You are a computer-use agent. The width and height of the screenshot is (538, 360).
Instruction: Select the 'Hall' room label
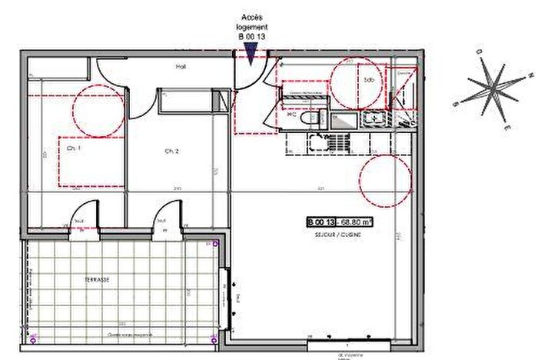[181, 67]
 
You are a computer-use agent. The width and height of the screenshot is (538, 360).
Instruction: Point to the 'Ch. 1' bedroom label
[74, 148]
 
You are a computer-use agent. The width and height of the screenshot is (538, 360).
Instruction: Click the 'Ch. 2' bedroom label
[171, 152]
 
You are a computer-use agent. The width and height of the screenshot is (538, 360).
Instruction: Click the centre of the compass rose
[493, 89]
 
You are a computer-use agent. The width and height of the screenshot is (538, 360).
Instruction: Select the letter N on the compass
[530, 75]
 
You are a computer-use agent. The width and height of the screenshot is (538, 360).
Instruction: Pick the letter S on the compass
[457, 104]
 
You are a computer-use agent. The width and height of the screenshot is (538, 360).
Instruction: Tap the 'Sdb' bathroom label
[369, 79]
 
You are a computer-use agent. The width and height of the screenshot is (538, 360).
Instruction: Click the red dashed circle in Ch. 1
[98, 111]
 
